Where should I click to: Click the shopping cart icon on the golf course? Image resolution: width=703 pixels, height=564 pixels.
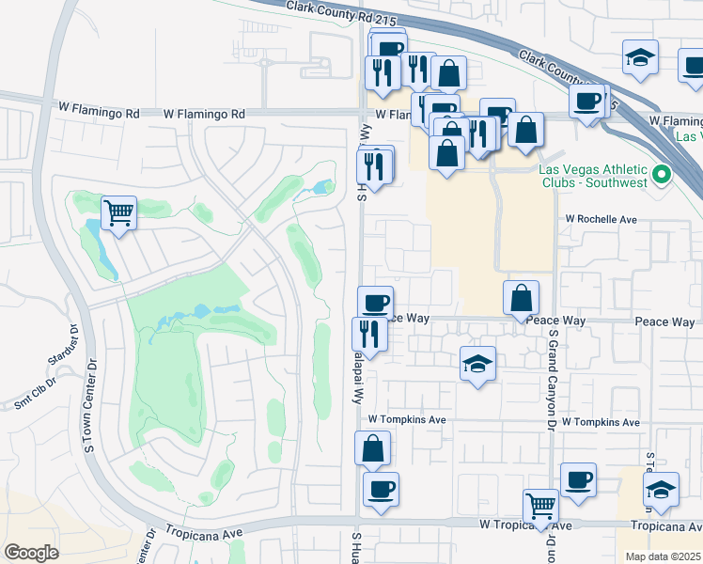118,212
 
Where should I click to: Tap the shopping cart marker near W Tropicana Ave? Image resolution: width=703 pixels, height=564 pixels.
541,507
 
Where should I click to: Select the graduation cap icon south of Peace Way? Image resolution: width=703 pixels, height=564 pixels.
477,363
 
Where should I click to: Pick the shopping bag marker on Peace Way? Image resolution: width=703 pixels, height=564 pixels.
521,298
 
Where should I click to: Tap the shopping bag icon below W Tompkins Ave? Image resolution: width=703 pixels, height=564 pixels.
373,447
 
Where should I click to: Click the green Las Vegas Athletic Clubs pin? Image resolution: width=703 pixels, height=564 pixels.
662,174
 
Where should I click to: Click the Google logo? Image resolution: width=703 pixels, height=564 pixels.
31,552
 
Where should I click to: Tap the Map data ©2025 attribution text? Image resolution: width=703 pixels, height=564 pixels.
663,556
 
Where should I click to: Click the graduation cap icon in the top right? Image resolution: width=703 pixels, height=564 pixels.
640,56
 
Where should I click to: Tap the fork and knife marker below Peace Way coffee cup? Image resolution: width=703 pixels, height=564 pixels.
368,334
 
